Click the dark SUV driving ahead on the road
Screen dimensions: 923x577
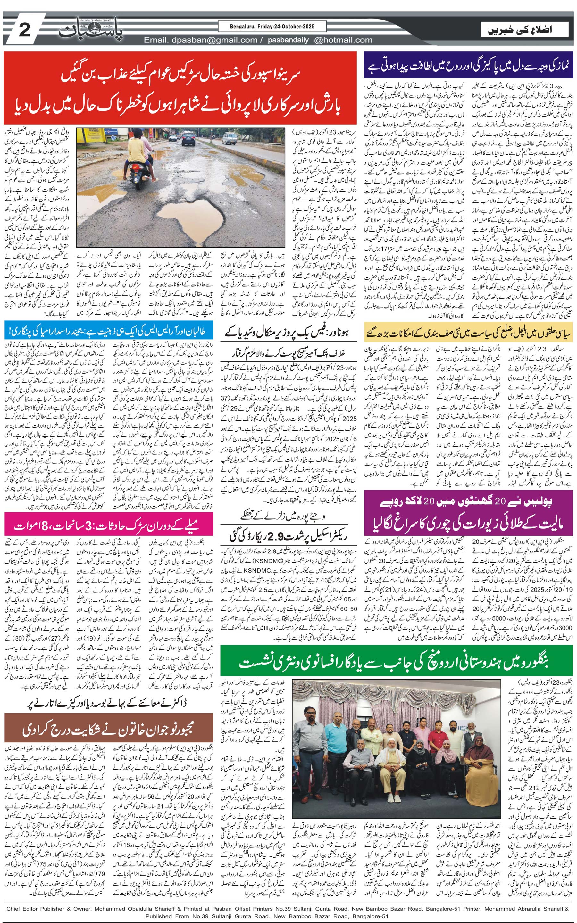coord(188,138)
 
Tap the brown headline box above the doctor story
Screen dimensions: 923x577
coord(108,728)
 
